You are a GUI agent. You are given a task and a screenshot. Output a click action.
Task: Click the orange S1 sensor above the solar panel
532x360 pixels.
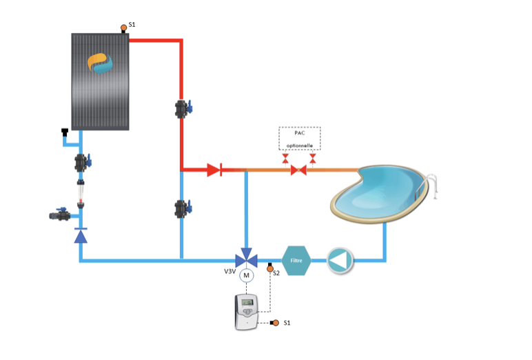(124, 28)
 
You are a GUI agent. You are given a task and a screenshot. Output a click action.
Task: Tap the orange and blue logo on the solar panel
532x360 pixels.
(103, 63)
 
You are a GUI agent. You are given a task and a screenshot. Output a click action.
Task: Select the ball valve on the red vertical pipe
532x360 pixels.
(183, 108)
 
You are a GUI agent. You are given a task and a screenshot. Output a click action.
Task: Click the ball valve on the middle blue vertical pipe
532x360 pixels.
(183, 207)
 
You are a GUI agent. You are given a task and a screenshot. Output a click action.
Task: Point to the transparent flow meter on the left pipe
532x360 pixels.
(81, 187)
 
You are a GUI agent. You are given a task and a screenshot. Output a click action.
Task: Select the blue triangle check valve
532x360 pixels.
(81, 236)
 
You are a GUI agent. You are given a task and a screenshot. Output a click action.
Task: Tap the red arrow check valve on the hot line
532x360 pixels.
(213, 170)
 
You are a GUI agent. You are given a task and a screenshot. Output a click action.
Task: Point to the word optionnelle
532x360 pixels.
(300, 146)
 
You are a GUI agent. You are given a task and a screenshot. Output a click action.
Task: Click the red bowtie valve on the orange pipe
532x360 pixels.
(298, 170)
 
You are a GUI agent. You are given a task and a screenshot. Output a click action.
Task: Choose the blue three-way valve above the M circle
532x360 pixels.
(246, 259)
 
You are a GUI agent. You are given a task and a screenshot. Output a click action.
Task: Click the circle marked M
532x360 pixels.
(246, 276)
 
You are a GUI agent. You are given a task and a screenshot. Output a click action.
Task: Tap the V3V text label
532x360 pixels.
(229, 272)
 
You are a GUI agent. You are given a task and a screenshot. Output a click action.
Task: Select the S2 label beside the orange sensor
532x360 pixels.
(276, 273)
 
